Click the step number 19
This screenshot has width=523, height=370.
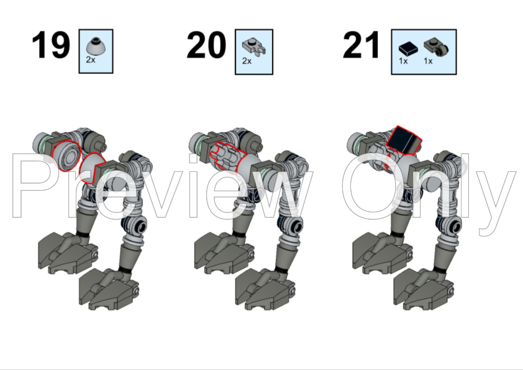tap(51, 47)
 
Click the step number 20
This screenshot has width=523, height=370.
tap(206, 47)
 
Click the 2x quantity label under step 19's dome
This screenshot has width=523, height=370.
tap(91, 60)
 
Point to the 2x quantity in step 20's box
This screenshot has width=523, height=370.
tap(247, 61)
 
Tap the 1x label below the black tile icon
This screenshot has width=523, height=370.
tap(403, 61)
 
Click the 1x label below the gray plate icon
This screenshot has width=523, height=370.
tap(428, 61)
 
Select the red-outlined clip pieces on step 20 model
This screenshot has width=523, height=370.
tap(224, 156)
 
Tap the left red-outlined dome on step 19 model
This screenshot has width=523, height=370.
tap(65, 155)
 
